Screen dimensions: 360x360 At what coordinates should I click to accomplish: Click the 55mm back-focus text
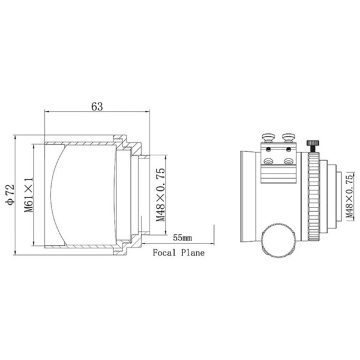coord(183,238)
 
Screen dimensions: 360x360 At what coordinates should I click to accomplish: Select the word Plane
coord(193,253)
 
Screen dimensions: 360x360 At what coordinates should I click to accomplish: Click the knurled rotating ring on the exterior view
coord(313,196)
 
